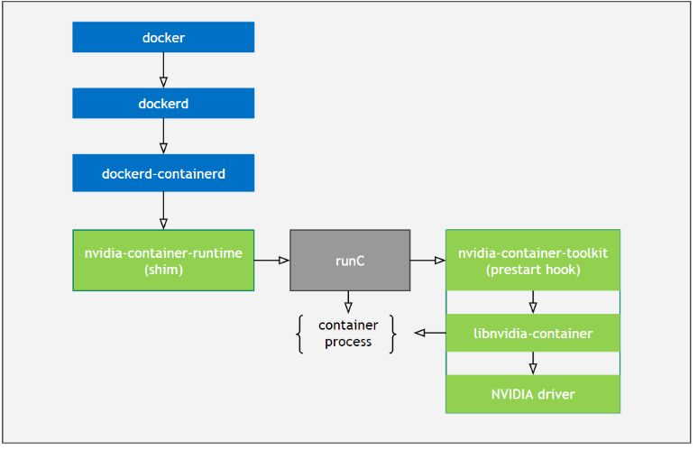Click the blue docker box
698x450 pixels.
[163, 37]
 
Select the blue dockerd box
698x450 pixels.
[163, 103]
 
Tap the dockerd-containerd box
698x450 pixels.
[163, 172]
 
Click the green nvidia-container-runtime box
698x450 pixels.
[163, 260]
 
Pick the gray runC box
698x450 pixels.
[349, 260]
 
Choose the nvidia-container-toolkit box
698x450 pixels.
[533, 260]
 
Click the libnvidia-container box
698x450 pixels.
[533, 334]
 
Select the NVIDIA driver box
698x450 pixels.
[533, 394]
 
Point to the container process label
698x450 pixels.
[348, 333]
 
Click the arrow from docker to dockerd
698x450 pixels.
[163, 69]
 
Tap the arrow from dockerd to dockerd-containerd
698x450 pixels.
[163, 136]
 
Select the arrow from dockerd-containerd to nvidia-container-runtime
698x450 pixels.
[163, 210]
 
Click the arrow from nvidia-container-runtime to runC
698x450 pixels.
[271, 261]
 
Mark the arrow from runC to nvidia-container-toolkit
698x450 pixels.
[427, 261]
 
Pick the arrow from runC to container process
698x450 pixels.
[348, 301]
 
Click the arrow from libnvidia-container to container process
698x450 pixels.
[429, 334]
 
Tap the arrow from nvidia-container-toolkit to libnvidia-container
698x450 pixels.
[533, 301]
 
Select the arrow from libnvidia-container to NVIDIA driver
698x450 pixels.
[533, 363]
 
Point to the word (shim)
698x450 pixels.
[163, 269]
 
